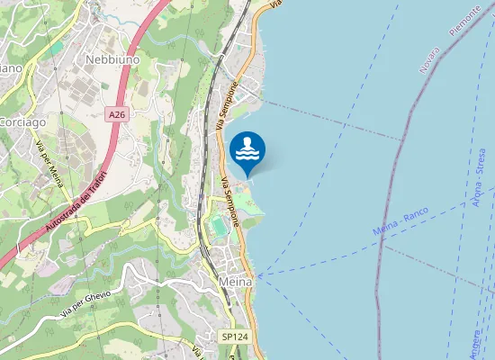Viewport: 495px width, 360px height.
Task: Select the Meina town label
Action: coord(237,282)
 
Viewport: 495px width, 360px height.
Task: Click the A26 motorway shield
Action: coord(116,115)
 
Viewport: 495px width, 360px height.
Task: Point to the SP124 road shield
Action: coord(234,337)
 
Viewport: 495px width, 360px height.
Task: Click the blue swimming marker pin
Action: coord(247,150)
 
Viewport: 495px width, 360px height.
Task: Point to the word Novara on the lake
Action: coord(433,59)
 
